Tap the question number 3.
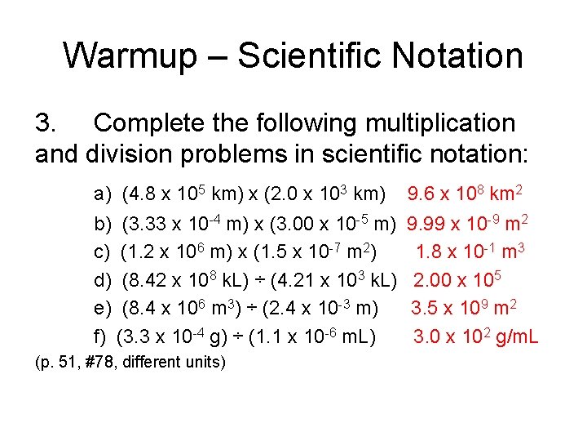click(46, 123)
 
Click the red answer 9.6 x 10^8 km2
click(465, 194)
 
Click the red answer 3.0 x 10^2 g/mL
click(475, 336)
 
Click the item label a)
click(103, 194)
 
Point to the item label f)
click(101, 336)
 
